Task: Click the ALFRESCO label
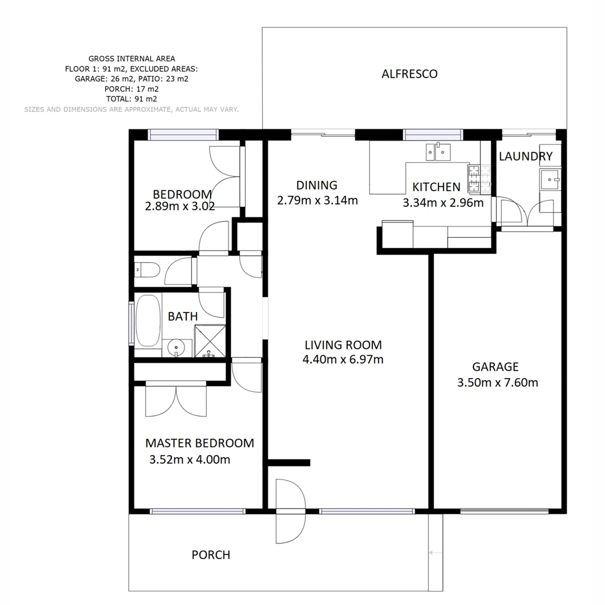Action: click(x=409, y=74)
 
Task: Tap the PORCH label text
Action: click(x=211, y=555)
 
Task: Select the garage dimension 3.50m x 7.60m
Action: click(x=497, y=383)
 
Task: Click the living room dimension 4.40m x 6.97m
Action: click(x=343, y=360)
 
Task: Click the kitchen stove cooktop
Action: click(x=474, y=178)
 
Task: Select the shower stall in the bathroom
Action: click(x=210, y=341)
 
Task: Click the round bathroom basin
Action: click(x=177, y=348)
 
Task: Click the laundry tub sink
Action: click(x=550, y=180)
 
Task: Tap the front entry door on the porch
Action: click(x=291, y=511)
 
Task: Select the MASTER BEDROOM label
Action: click(x=199, y=443)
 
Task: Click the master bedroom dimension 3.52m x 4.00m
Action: click(x=190, y=460)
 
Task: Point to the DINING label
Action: click(x=317, y=185)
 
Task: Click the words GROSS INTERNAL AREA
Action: click(x=132, y=58)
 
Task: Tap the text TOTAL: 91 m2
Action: click(x=132, y=99)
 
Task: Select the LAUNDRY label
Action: click(x=525, y=156)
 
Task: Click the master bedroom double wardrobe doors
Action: click(x=176, y=400)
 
